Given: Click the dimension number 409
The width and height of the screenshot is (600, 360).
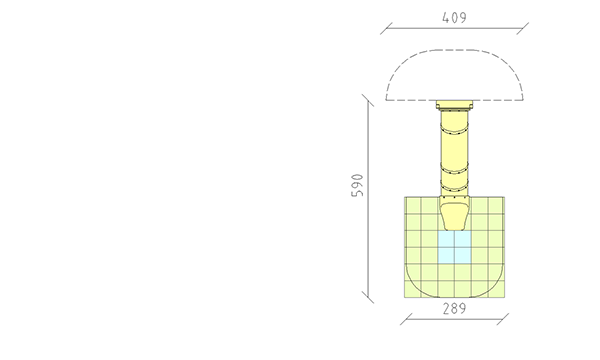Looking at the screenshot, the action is click(x=454, y=18).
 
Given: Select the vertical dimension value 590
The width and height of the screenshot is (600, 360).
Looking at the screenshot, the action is click(x=357, y=186).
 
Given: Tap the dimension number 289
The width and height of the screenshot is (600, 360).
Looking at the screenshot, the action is click(x=454, y=309).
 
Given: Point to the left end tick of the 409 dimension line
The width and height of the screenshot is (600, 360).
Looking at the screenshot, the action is click(x=386, y=28).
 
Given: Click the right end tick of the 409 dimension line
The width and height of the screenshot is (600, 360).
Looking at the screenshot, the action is click(x=522, y=28).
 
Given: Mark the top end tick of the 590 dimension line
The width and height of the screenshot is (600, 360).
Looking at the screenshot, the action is click(x=368, y=100).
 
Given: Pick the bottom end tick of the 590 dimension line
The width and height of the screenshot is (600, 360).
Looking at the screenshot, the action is click(x=368, y=297).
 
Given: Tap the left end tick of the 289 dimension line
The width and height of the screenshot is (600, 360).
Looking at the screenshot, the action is click(x=406, y=319).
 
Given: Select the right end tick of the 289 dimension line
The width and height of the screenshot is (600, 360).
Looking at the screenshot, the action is click(x=503, y=319).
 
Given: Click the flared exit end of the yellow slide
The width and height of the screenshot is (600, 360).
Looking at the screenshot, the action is click(x=454, y=216).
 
